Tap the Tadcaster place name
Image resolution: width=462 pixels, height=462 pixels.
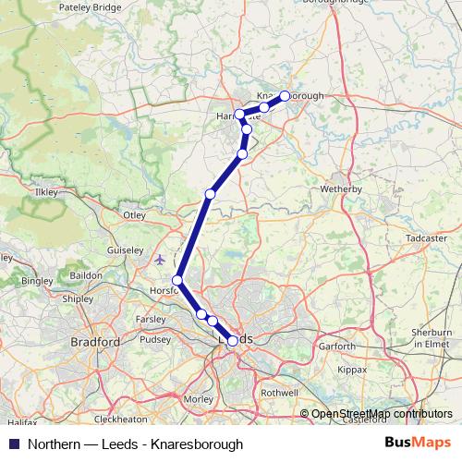click(x=427, y=237)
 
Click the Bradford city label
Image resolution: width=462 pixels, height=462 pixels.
click(x=95, y=342)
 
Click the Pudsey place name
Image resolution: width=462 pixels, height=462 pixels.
click(x=155, y=339)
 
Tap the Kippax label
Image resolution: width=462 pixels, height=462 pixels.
click(x=353, y=368)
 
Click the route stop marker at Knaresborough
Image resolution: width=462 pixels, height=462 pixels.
click(x=285, y=95)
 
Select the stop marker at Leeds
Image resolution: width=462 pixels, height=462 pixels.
click(x=232, y=341)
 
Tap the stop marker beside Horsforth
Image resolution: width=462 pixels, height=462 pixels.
click(x=177, y=279)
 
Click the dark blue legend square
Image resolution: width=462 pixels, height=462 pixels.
click(x=14, y=444)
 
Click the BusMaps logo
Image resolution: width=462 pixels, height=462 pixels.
click(x=418, y=444)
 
